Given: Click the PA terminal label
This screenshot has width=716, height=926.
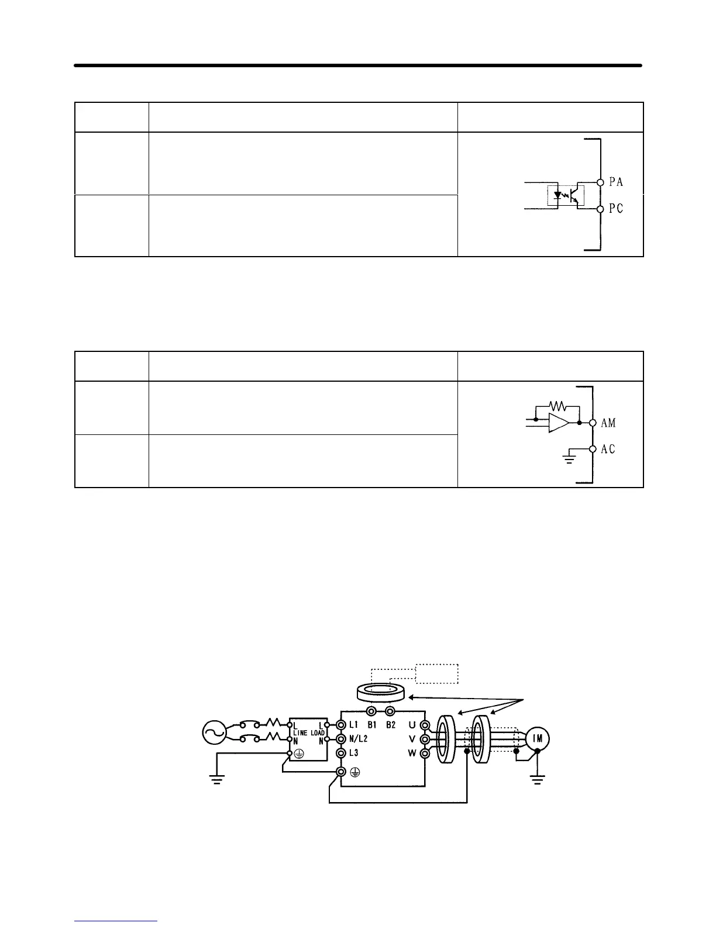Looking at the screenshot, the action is point(616,182).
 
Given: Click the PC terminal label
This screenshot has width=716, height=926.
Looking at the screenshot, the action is point(616,209).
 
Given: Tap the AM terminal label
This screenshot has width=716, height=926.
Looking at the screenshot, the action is point(608,423).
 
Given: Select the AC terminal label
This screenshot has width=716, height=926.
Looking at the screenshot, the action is point(608,449).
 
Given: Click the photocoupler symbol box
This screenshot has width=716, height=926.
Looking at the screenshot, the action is point(562,195).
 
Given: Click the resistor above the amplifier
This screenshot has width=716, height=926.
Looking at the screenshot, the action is point(557,405).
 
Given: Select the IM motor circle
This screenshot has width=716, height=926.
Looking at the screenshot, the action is point(537,738).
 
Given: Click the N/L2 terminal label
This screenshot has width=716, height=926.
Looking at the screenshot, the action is point(358,739).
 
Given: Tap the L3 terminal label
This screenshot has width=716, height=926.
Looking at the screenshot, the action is point(353,754).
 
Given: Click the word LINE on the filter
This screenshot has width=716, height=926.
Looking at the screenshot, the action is point(301,733).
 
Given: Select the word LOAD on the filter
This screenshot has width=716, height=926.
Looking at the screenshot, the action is point(318,733).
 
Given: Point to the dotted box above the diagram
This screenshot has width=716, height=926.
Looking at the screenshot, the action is point(436,673).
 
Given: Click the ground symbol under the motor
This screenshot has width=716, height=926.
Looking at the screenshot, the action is point(537,778).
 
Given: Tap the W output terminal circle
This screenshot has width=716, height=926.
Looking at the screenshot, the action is point(425,754).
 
